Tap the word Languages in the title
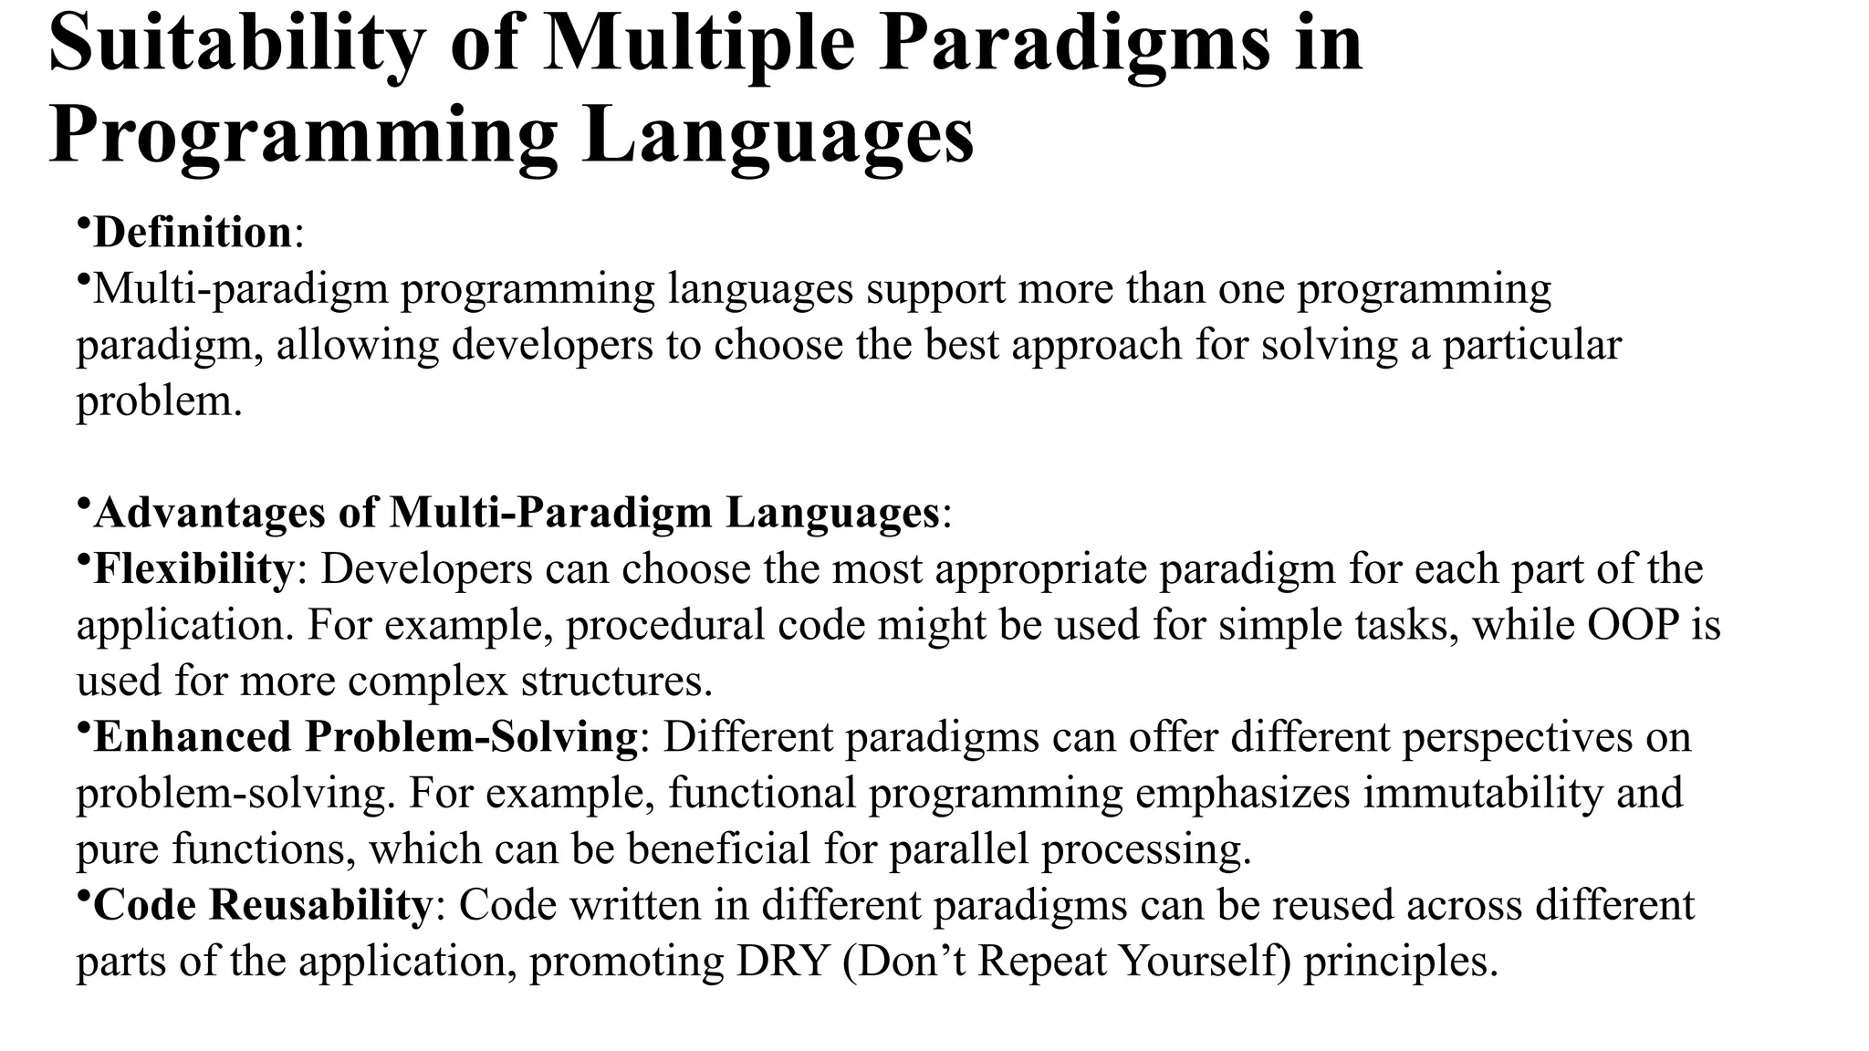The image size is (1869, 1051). pyautogui.click(x=778, y=137)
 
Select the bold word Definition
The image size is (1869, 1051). pyautogui.click(x=192, y=233)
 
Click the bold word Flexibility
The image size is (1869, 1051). pyautogui.click(x=193, y=568)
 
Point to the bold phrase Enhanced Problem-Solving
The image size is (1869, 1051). pyautogui.click(x=365, y=736)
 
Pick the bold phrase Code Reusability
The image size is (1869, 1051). pyautogui.click(x=262, y=905)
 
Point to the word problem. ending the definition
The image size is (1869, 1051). pyautogui.click(x=159, y=401)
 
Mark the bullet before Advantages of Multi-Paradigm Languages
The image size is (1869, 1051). pyautogui.click(x=82, y=504)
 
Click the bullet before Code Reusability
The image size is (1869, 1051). pyautogui.click(x=82, y=896)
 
